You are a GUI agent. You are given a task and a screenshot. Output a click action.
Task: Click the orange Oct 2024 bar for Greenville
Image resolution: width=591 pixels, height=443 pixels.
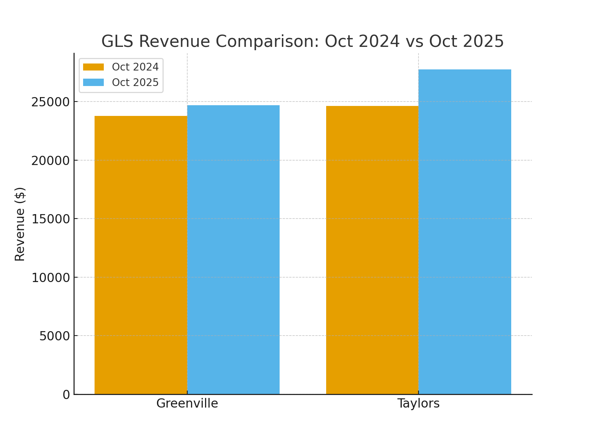[141, 255]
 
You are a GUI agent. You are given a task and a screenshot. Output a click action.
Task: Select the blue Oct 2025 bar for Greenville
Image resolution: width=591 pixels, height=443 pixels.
[233, 250]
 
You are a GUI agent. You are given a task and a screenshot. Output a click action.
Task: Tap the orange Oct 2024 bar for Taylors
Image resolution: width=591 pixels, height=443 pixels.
[372, 250]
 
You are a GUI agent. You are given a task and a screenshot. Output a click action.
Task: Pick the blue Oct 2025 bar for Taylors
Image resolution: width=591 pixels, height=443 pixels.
[465, 232]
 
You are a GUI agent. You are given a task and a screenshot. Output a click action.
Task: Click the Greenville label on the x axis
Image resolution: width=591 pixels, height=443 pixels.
[187, 403]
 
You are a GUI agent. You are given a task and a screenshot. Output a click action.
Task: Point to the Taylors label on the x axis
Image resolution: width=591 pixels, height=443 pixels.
[418, 403]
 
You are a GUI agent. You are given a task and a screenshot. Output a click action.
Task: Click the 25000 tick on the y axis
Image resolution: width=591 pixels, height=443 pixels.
[50, 102]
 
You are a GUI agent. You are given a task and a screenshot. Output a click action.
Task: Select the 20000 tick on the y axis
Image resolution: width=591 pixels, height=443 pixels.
[50, 161]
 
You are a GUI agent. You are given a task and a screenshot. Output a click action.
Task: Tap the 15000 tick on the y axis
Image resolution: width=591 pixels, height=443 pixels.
[50, 219]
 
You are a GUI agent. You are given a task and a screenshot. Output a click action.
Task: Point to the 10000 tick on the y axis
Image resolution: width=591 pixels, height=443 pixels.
[50, 278]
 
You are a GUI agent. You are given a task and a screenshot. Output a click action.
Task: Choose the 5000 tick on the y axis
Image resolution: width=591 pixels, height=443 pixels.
[54, 336]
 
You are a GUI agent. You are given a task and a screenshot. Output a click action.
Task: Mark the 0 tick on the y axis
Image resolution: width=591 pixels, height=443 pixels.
[66, 395]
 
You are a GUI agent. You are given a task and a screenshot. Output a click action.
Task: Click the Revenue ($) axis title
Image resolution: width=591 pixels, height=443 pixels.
[20, 224]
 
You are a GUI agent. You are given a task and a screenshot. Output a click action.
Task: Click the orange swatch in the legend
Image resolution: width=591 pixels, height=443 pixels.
[93, 67]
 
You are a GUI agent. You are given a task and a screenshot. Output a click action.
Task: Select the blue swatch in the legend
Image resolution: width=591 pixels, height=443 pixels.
[93, 82]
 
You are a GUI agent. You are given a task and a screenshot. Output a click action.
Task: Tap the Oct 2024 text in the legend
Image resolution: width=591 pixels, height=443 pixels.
[135, 67]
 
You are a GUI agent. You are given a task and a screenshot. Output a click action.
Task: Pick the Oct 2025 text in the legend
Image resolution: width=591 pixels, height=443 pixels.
[135, 82]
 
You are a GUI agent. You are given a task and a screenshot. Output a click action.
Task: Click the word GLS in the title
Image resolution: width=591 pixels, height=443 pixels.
[117, 41]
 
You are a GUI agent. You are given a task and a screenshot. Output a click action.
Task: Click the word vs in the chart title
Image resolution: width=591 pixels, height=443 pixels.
[414, 41]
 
